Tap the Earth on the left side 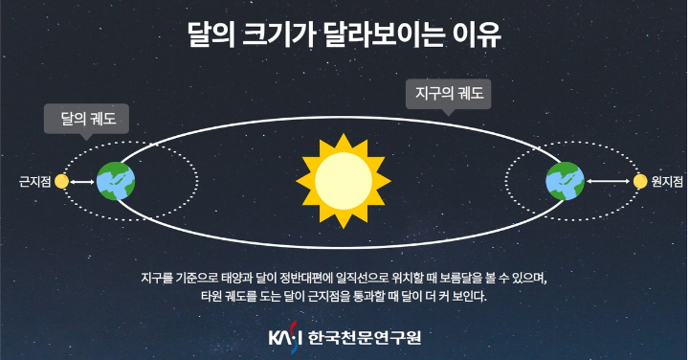(116, 180)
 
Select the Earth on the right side (565, 180)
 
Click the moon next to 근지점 (61, 180)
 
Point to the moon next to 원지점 (639, 180)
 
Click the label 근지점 (33, 180)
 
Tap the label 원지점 (667, 180)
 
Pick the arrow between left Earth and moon (82, 180)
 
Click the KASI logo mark (285, 337)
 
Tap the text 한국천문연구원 (364, 337)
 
